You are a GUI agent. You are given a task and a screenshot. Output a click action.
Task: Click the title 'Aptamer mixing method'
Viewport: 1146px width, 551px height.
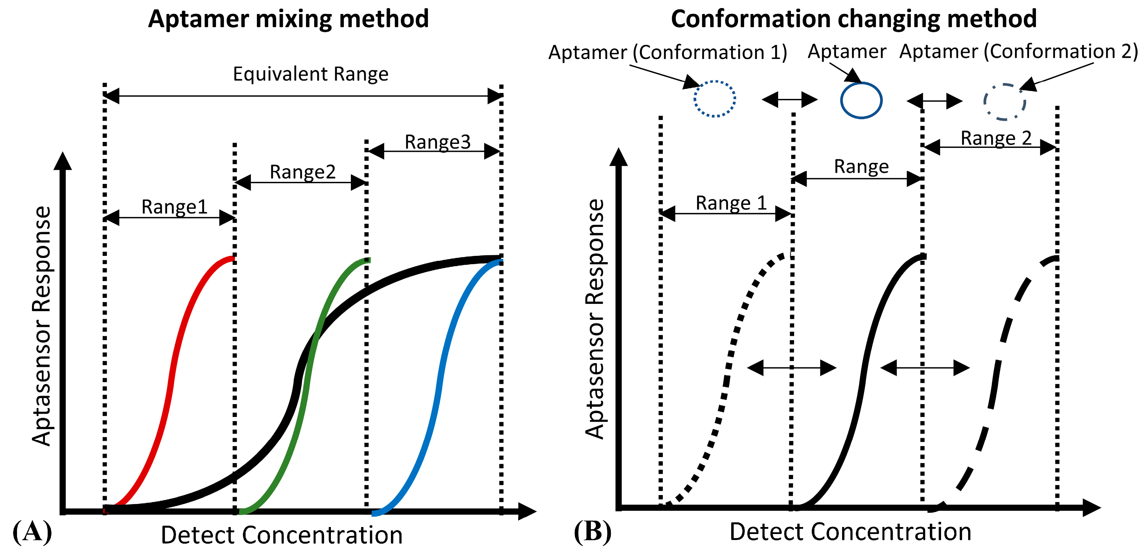click(288, 19)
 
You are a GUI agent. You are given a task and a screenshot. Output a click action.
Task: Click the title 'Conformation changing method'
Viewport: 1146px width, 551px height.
click(854, 19)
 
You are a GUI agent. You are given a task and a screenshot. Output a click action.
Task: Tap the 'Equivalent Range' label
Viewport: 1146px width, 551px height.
click(311, 74)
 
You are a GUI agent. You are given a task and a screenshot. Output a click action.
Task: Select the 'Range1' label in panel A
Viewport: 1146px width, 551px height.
click(174, 207)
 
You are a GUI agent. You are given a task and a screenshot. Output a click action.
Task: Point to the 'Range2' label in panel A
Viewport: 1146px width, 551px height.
click(303, 172)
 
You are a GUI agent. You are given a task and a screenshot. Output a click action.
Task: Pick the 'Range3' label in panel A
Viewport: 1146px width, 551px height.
click(437, 142)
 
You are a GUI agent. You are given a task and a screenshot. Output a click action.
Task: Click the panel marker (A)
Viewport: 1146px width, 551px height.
click(32, 532)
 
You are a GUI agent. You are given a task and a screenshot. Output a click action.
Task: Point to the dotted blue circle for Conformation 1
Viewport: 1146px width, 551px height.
click(714, 99)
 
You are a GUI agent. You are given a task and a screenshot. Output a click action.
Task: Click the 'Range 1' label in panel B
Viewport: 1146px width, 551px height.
click(731, 203)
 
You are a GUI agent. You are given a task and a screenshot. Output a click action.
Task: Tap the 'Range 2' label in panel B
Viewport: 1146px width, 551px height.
click(996, 138)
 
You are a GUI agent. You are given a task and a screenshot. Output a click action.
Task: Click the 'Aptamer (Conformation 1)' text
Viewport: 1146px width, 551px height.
click(667, 53)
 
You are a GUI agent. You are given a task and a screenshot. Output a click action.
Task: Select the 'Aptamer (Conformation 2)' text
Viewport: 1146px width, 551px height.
click(1018, 52)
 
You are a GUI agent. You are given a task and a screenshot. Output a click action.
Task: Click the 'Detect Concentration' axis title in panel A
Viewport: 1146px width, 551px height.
click(282, 535)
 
